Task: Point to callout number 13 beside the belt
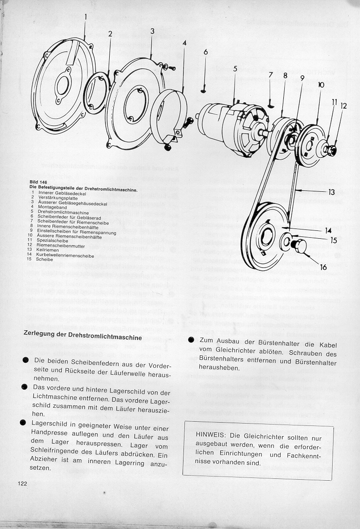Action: [x=331, y=191]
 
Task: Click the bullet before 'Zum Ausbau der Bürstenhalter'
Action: [x=190, y=340]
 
